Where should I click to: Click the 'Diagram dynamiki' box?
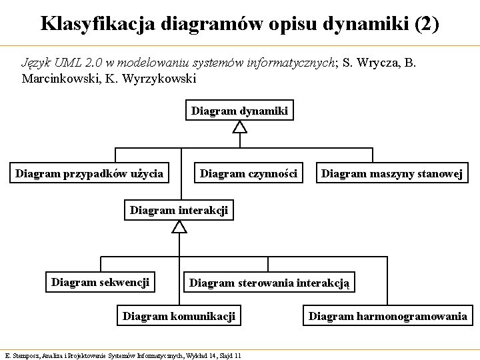point(239,111)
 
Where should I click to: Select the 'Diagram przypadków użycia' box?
point(89,174)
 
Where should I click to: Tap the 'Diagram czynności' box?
point(249,174)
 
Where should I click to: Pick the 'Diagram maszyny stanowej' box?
point(392,174)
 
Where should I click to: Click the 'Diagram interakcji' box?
point(179,211)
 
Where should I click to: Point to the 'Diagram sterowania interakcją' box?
point(269,283)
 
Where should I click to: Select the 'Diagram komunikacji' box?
point(179,316)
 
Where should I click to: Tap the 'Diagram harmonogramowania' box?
point(387,316)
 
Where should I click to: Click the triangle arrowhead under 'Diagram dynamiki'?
point(240,127)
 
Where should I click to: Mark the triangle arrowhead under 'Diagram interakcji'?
point(179,227)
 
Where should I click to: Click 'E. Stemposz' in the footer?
point(20,353)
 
